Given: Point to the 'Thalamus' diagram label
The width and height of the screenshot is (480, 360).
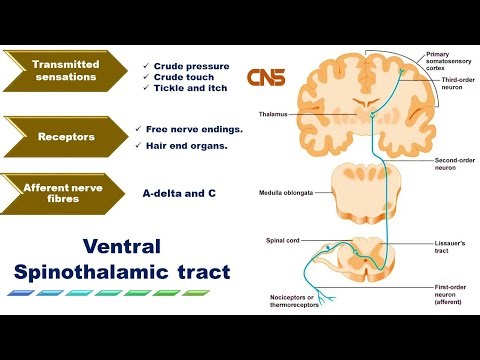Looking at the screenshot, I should [x=273, y=114].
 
